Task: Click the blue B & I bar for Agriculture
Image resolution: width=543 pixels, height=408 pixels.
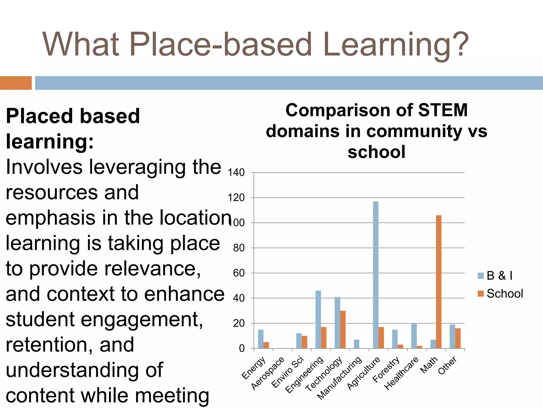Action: coord(375,275)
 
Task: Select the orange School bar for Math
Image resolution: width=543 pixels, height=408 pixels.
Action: coord(439,282)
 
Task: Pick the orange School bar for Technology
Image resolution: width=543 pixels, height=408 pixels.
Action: coord(343,329)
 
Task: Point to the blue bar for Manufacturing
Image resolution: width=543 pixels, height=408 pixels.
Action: coord(356,344)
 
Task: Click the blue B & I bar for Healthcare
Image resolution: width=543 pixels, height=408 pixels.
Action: coord(414,336)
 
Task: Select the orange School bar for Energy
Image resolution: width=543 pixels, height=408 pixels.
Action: coord(266,345)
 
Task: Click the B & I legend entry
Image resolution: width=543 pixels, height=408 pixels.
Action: coord(495,275)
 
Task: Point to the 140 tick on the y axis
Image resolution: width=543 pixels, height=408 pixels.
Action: coord(236,173)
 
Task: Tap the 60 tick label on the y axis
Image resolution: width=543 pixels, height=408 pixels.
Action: coord(239,273)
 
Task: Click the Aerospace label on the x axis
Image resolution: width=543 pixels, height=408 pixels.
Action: coord(268,373)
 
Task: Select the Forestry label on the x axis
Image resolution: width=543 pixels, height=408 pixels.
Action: coord(386,369)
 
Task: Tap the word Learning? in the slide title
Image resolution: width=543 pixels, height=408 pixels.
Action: coord(396,44)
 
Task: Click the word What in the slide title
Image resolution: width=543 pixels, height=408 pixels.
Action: coord(81,44)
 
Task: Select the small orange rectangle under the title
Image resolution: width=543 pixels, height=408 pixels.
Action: coord(16,83)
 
